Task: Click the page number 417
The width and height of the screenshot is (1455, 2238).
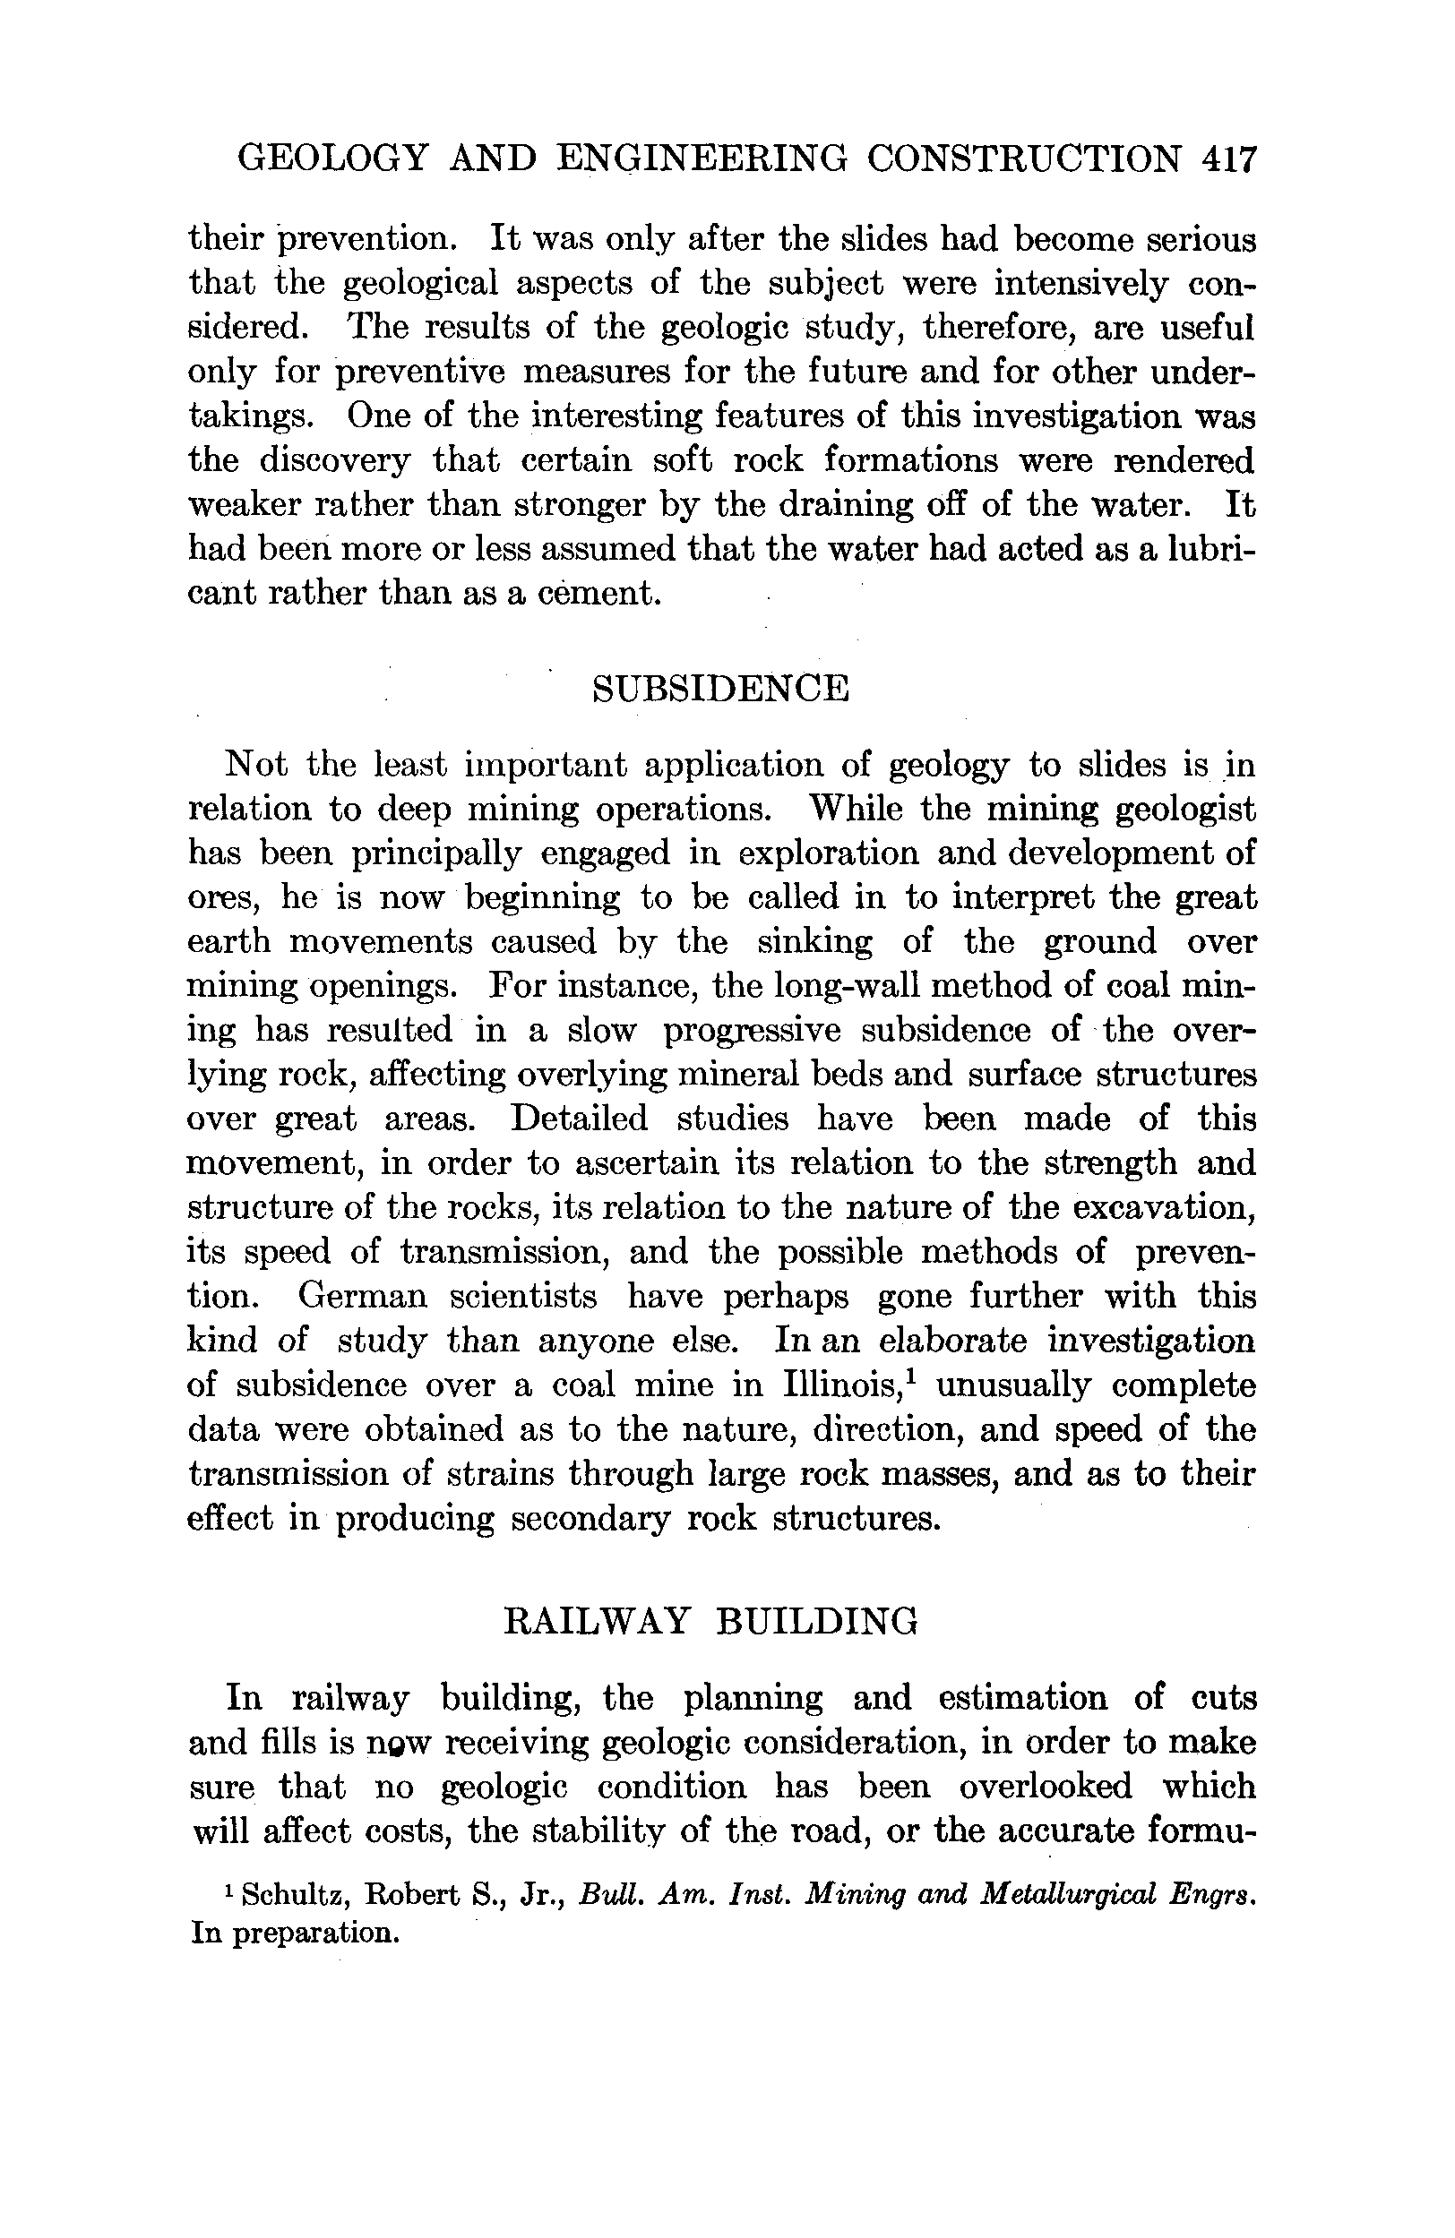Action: pyautogui.click(x=1228, y=159)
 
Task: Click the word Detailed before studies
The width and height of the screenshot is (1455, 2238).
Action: pyautogui.click(x=580, y=1119)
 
